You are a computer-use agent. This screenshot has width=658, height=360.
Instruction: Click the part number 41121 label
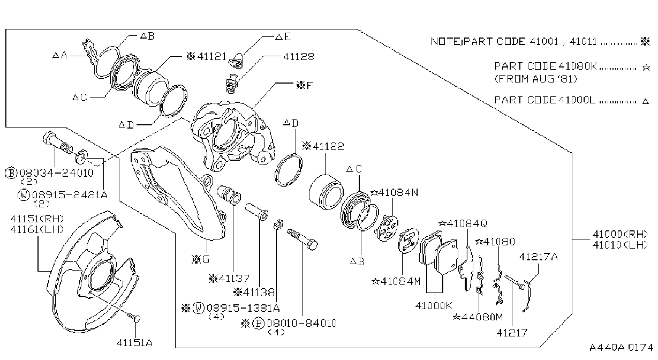[211, 56]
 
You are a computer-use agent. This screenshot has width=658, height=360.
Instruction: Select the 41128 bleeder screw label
[298, 56]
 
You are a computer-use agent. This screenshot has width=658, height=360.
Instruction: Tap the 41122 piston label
[328, 146]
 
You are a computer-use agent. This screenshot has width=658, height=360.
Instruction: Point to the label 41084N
[398, 192]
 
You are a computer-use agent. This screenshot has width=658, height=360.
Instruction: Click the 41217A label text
[538, 257]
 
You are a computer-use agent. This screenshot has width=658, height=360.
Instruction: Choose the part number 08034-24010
[56, 172]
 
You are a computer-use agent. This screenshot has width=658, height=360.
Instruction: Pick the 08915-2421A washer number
[70, 194]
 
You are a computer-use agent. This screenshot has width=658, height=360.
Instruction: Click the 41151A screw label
[134, 343]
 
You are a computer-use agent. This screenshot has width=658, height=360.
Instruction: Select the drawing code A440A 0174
[621, 348]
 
